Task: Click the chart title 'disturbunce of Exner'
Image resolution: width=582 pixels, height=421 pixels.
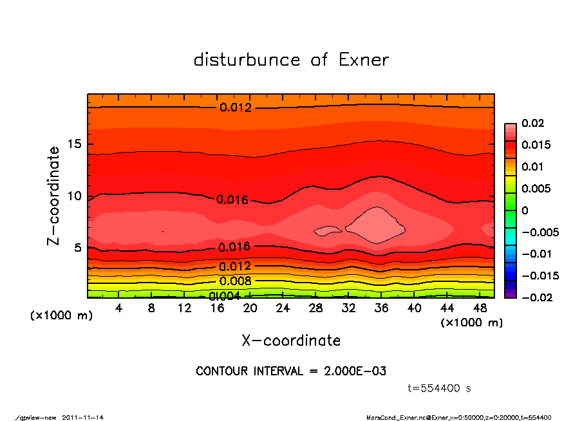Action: point(291,60)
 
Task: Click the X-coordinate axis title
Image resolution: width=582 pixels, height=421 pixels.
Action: point(291,340)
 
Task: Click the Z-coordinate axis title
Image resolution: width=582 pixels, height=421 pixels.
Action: point(54,195)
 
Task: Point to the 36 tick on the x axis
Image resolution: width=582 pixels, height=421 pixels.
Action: point(381,308)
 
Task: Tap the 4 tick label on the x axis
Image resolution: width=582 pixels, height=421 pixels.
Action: point(119,308)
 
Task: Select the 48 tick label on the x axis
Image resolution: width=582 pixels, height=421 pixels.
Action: point(480,308)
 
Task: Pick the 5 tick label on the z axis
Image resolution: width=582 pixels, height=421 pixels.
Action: point(77,247)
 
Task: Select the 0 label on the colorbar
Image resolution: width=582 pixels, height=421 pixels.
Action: point(525,210)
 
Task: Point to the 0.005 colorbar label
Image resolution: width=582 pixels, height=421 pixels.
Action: point(536,189)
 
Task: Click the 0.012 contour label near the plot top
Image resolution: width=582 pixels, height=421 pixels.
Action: point(236,108)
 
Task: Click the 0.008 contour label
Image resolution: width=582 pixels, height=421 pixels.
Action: point(236,281)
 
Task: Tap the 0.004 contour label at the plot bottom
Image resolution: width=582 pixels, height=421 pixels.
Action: point(225,296)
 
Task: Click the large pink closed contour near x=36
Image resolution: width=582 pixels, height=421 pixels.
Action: point(375,225)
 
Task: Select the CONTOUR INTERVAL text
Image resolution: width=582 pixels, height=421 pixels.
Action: point(291,371)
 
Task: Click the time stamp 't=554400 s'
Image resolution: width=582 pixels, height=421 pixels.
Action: point(440,388)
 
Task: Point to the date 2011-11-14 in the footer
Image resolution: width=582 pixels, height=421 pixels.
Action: point(83,417)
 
